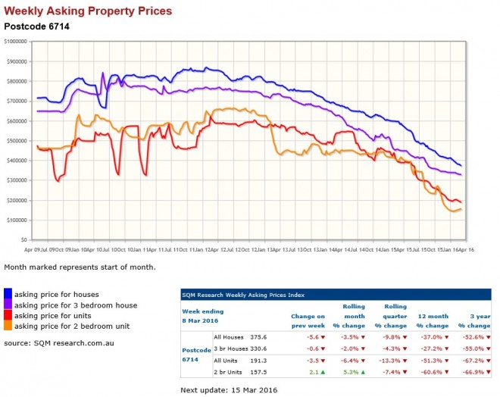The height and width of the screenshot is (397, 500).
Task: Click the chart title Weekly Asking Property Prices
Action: [88, 11]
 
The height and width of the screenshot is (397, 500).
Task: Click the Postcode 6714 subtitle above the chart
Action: [36, 26]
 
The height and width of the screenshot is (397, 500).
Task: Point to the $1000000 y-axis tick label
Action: [15, 42]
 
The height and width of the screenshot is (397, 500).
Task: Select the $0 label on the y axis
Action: [24, 239]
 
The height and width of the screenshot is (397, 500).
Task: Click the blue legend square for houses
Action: [8, 294]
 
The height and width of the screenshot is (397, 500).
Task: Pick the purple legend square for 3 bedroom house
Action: [8, 305]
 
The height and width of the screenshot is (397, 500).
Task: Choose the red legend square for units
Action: [8, 315]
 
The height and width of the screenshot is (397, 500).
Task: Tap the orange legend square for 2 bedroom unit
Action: [8, 326]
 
